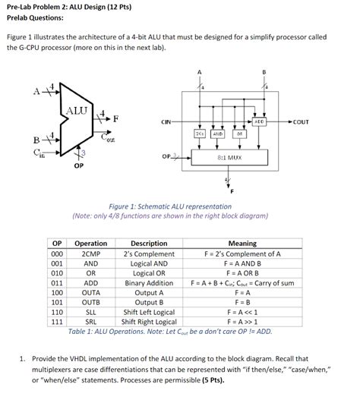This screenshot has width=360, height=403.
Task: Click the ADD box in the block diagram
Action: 259,121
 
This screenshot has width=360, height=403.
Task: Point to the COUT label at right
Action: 301,121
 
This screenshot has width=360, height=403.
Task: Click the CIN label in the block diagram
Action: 166,121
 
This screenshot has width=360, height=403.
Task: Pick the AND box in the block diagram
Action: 217,133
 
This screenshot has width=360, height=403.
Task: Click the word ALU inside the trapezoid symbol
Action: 77,110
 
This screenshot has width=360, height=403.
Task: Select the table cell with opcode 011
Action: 56,282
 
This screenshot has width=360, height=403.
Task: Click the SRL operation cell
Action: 90,321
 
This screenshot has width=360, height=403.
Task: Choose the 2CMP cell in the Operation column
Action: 90,253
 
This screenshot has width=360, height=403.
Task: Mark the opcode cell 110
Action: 56,311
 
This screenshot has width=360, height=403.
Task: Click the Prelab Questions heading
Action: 36,17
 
